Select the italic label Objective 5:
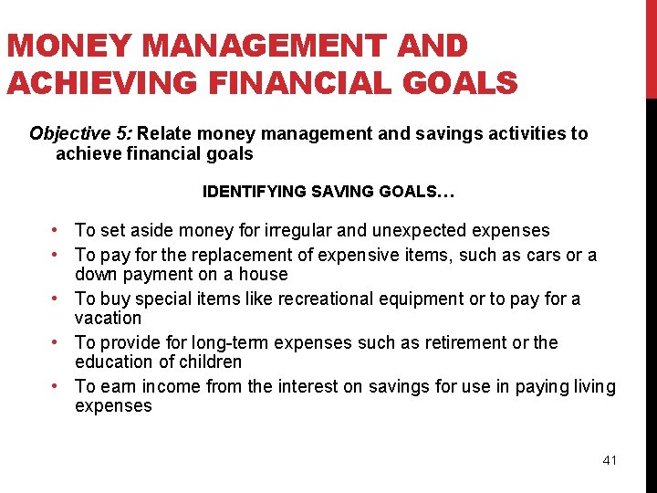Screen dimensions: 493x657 pos(81,134)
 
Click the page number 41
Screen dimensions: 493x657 pos(610,460)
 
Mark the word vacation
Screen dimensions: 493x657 pos(109,318)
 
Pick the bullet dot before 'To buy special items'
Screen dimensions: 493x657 pos(57,299)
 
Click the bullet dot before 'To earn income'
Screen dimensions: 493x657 pos(57,386)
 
